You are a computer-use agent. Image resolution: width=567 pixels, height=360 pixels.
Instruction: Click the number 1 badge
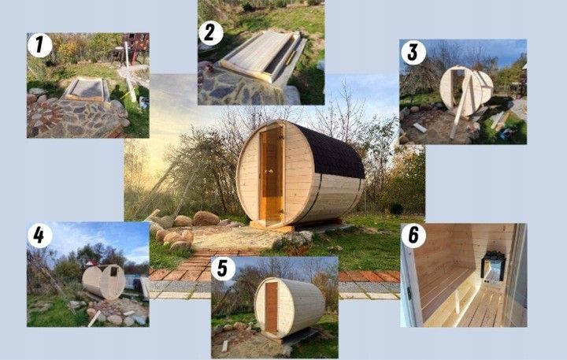click(39, 45)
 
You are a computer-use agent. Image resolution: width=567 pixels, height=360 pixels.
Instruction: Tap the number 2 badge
click(210, 33)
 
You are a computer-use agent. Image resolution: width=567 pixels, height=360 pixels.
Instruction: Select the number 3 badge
click(413, 53)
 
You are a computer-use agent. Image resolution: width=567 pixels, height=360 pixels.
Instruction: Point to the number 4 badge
click(39, 236)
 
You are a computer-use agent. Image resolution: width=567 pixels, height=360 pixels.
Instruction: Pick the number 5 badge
click(223, 269)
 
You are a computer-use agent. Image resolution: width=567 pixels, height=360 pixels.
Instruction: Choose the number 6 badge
click(413, 236)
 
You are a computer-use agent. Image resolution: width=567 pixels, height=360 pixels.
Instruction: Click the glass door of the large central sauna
click(272, 174)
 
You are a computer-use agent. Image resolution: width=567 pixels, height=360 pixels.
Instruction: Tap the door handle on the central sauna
click(268, 172)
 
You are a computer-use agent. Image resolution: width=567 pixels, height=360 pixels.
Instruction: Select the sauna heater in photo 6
click(492, 266)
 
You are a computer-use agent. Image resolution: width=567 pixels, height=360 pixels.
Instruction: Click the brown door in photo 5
click(271, 306)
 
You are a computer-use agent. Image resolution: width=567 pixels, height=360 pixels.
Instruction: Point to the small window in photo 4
click(114, 271)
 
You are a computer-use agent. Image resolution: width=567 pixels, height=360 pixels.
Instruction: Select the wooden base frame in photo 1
click(87, 89)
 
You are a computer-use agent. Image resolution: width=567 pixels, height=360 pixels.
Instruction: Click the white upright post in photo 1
click(129, 72)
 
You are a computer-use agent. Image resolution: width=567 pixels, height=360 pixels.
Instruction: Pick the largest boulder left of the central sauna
click(206, 218)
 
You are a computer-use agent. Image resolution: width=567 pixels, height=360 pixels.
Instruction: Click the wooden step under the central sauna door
click(272, 227)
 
